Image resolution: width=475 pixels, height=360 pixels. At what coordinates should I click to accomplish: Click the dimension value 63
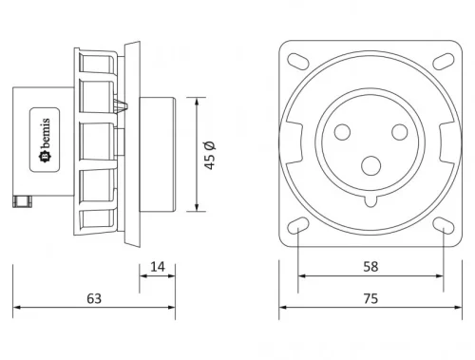[93, 297]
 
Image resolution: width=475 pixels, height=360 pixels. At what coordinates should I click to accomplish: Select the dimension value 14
[157, 267]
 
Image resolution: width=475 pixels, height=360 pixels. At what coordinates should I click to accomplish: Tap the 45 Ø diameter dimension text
[210, 154]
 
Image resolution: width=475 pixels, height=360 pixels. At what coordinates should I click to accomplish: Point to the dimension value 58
[370, 267]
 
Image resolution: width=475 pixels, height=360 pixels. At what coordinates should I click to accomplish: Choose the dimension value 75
[370, 297]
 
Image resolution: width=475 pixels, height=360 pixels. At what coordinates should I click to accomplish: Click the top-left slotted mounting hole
[297, 61]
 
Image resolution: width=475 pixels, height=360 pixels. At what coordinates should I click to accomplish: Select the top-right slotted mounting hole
[444, 61]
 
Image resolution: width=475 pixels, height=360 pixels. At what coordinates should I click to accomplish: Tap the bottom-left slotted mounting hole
[297, 226]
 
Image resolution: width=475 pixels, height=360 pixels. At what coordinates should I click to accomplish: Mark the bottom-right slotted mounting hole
[444, 226]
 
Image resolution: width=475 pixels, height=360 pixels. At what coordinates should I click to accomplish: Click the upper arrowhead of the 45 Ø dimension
[197, 100]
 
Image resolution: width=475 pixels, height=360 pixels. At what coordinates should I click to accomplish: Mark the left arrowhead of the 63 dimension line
[15, 310]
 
